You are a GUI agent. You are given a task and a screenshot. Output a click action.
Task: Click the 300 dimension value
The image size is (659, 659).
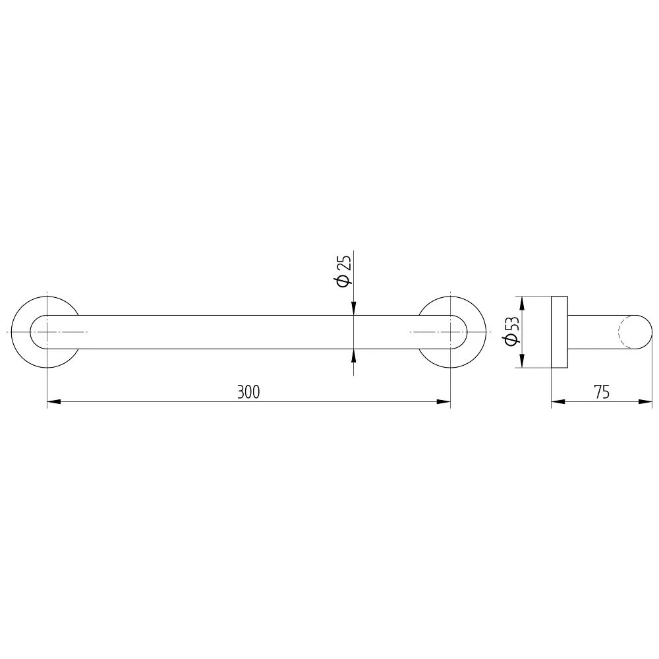tap(248, 391)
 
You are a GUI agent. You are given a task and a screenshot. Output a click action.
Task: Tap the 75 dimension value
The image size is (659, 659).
tap(602, 391)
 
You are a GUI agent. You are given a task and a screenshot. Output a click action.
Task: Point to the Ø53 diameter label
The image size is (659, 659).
tap(512, 331)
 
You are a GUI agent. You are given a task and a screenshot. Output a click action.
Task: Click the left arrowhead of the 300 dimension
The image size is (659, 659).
tap(54, 402)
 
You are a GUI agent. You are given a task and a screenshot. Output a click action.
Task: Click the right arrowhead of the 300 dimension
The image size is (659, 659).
tap(444, 402)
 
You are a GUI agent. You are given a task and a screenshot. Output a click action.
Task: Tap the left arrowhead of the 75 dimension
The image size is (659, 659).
tap(558, 402)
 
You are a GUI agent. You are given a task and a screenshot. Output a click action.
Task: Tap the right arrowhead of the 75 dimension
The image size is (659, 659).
tap(646, 402)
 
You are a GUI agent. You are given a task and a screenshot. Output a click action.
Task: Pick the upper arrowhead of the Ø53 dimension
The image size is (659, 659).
tap(522, 303)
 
